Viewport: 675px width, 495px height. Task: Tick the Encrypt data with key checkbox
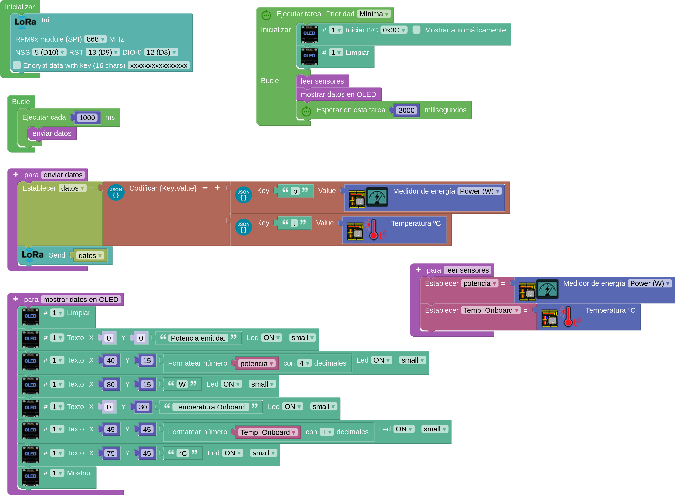[17, 65]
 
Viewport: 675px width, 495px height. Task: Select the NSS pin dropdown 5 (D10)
[49, 53]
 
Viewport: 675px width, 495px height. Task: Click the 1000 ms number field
[87, 118]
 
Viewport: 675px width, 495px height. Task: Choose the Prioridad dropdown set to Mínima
[374, 14]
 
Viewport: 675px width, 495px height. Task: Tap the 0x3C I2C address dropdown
[394, 30]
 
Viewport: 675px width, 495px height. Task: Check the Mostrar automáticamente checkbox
[416, 30]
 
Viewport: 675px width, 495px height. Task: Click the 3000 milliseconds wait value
[406, 110]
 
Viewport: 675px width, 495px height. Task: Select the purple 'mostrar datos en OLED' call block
[339, 94]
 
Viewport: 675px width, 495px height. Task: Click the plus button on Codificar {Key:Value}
[217, 188]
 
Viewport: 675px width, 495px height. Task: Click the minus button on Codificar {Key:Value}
[205, 188]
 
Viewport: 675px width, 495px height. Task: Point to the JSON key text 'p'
[295, 191]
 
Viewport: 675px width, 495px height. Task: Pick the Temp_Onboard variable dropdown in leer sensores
[491, 311]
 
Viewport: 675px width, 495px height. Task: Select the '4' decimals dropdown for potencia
[304, 363]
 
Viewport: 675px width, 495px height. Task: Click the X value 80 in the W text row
[111, 384]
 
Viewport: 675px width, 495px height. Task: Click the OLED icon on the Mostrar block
[31, 476]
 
